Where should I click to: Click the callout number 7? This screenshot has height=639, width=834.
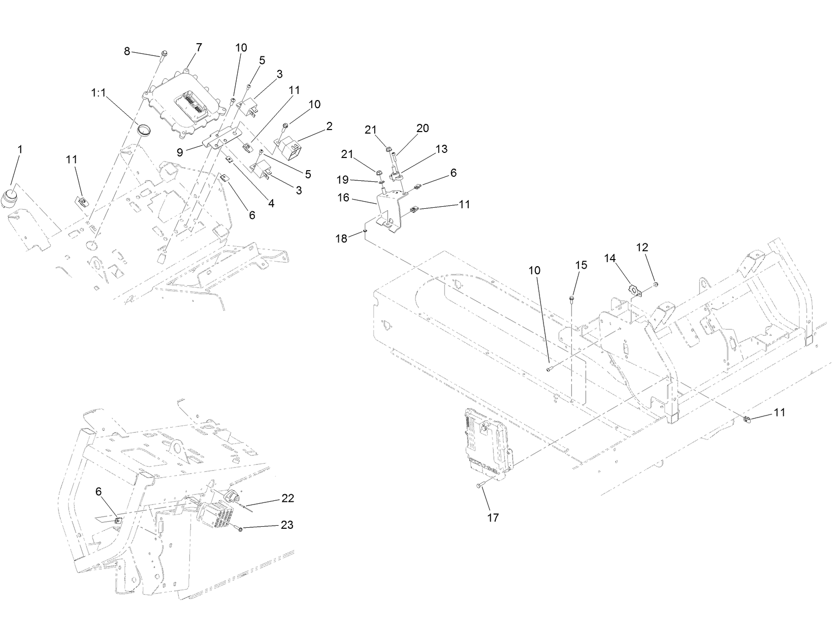coord(199,47)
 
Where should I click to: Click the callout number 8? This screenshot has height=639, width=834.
coord(127,51)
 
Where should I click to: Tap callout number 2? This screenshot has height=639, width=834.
coord(329,126)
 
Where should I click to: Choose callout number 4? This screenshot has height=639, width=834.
coord(271,203)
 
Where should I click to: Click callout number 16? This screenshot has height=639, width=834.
coord(343,198)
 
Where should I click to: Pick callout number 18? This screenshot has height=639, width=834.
coord(342,238)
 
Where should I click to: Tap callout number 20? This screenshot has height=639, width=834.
coord(423,129)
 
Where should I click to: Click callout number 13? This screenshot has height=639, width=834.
coord(441,149)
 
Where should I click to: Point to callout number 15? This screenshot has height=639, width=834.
coord(581,265)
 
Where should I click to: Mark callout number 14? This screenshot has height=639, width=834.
coord(610,258)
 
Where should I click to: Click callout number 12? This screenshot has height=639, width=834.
coord(642,247)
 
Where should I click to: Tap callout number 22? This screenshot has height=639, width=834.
coord(287,498)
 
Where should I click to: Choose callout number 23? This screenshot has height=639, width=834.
coord(287,525)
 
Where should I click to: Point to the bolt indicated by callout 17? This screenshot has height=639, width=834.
coord(479,486)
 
